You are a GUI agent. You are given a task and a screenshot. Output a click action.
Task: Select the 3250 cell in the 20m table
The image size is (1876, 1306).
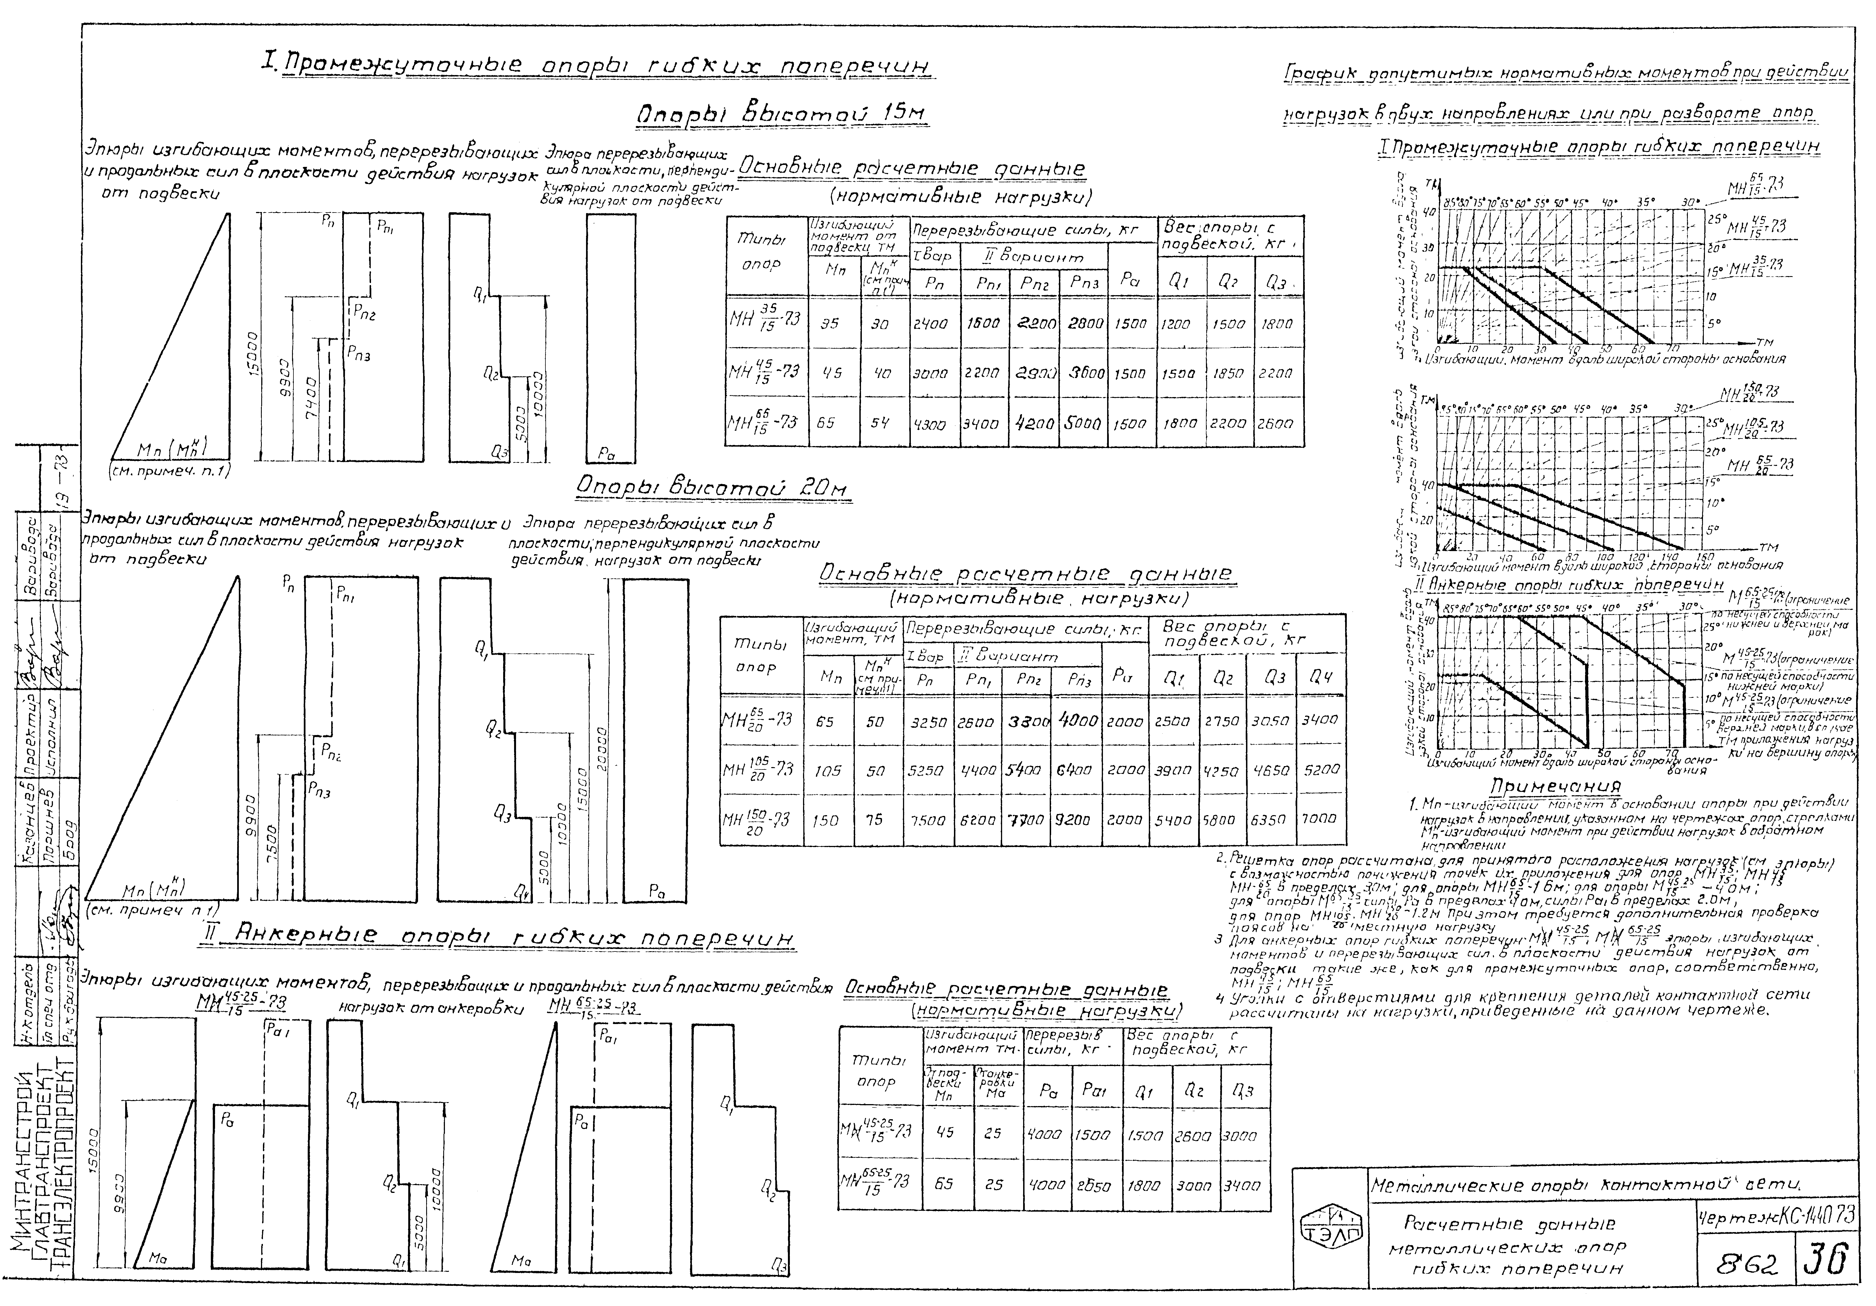[x=929, y=722]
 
